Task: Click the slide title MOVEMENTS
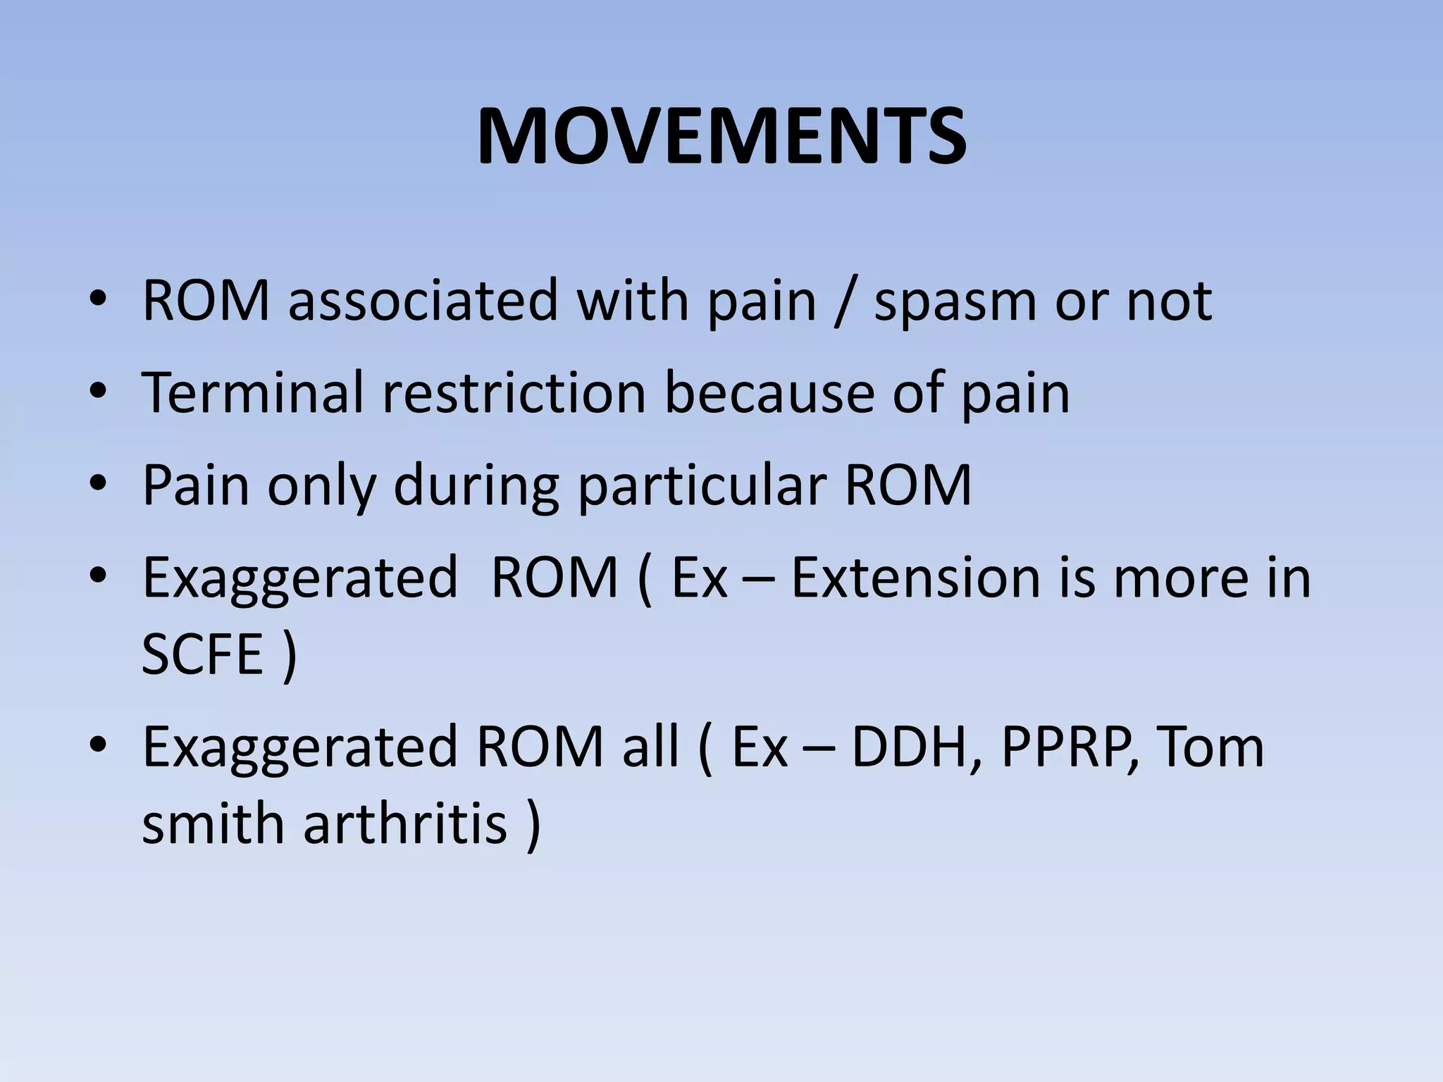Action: tap(721, 137)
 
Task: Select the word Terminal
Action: tap(252, 392)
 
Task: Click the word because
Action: tap(769, 392)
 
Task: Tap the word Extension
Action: tap(915, 578)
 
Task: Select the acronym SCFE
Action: tap(202, 654)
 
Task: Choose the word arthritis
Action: tap(405, 823)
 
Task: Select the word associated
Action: tap(423, 301)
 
